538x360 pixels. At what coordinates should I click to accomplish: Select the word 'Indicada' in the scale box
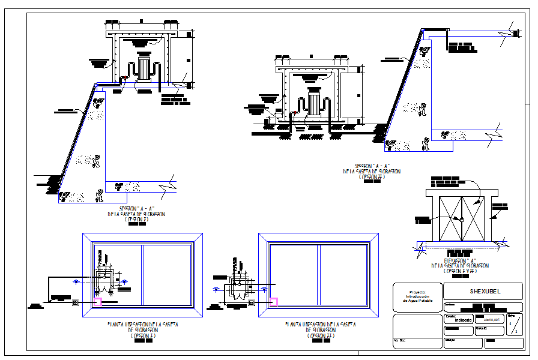(462, 320)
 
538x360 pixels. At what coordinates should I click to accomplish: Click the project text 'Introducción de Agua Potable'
(416, 296)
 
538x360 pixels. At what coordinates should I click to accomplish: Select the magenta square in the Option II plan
(273, 302)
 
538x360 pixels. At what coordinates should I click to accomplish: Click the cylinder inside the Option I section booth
(143, 67)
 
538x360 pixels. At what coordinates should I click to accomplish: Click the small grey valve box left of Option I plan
(75, 303)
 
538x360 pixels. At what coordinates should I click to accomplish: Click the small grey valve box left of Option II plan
(251, 303)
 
